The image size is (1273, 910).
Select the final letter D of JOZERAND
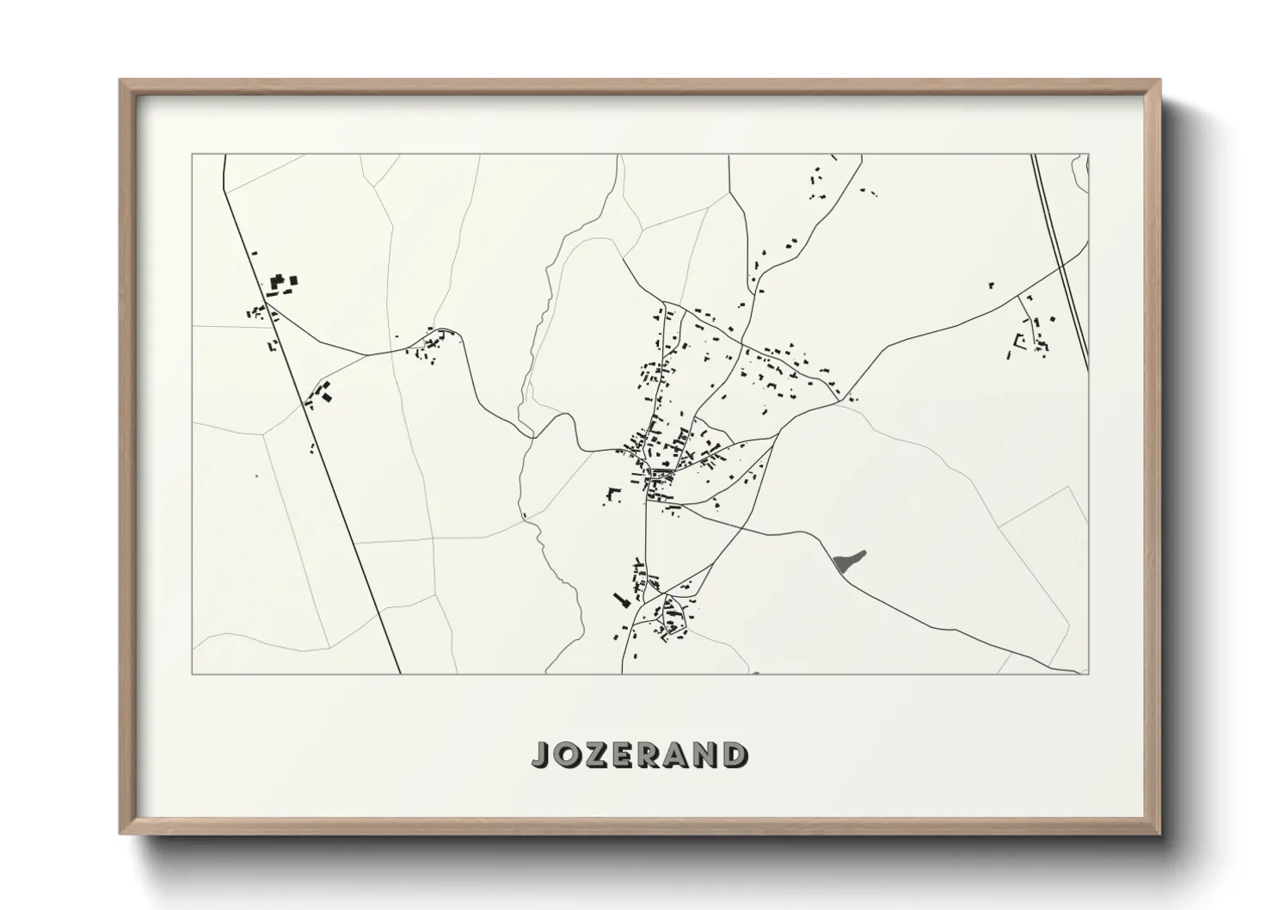coord(735,755)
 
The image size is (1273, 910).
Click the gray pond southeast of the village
coord(848,562)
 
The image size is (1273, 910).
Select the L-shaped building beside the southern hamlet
coord(618,599)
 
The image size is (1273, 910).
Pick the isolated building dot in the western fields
coord(255,476)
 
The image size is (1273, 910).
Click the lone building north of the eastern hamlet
coord(991,284)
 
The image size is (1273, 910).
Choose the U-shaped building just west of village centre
coord(613,493)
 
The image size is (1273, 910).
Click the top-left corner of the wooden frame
coord(120,81)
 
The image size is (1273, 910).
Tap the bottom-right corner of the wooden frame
coord(1159,833)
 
